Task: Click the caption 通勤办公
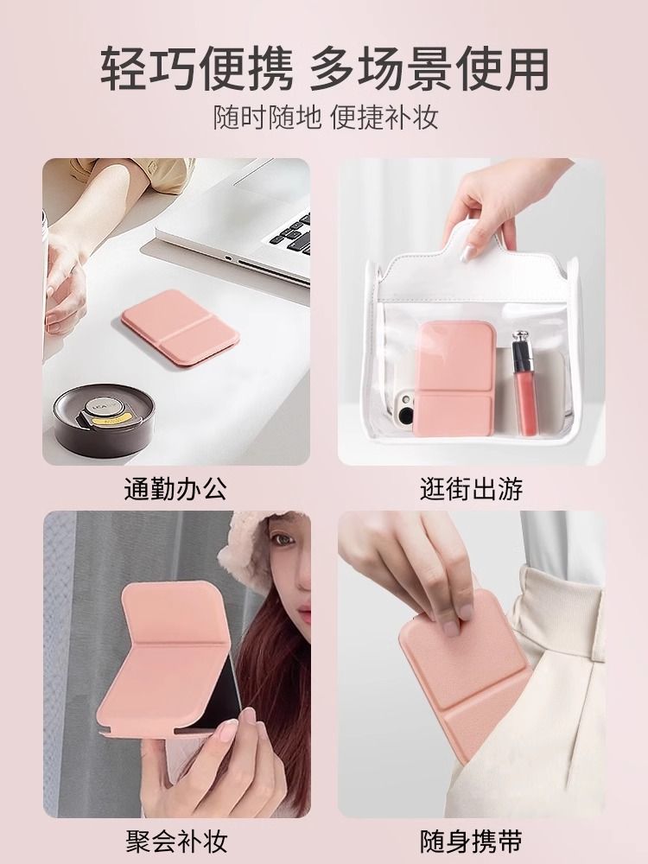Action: click(175, 489)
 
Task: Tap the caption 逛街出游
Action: click(471, 489)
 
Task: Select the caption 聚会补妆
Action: click(176, 842)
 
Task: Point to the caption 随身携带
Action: click(471, 842)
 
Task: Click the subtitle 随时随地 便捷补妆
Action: click(326, 118)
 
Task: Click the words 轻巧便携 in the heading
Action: click(197, 69)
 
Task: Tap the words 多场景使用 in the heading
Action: click(429, 69)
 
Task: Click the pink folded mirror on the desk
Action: click(181, 327)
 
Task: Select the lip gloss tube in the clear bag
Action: click(524, 383)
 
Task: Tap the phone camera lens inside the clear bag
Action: click(406, 415)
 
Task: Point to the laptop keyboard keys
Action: click(291, 233)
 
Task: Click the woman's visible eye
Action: click(283, 539)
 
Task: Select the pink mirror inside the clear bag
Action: click(454, 378)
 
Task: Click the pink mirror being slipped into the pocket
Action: click(462, 673)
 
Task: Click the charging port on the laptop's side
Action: click(227, 257)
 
